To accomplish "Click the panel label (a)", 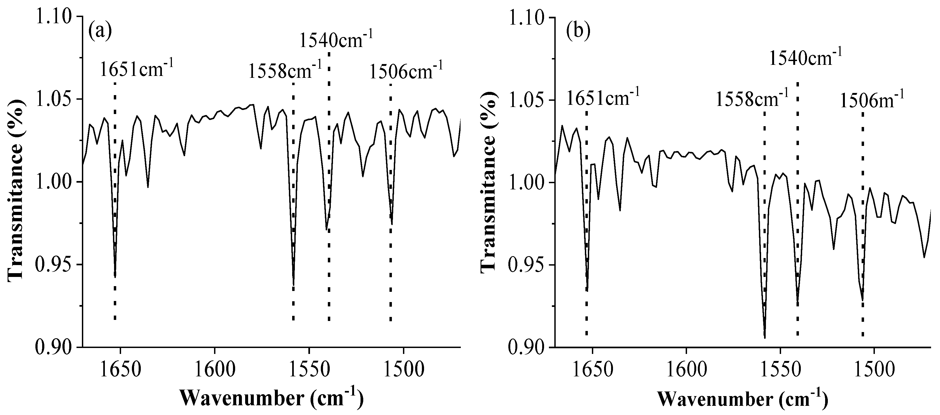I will point(100,31).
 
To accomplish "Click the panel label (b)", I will point(578,31).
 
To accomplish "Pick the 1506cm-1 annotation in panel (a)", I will point(406,70).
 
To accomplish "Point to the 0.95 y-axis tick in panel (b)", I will point(525,265).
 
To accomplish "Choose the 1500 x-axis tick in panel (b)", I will point(874,370).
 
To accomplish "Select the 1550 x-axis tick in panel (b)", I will point(781,370).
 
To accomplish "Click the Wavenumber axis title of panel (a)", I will point(272,398).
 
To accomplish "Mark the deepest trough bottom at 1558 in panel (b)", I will point(765,338).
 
